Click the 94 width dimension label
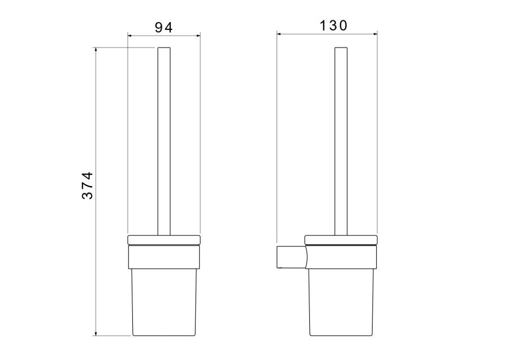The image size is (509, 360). pos(163,28)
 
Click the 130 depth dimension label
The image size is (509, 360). pos(334,25)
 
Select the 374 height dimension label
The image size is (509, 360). pos(87,185)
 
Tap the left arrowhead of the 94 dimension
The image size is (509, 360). pos(130,36)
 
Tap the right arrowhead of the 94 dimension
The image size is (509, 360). pos(199,36)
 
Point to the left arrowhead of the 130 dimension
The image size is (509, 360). pos(279,33)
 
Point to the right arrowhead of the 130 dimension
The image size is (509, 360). pos(376,33)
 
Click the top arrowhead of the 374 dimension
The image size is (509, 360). pos(96,50)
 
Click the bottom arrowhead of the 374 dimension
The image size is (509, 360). pos(96,334)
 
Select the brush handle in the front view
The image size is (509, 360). pos(164,141)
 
